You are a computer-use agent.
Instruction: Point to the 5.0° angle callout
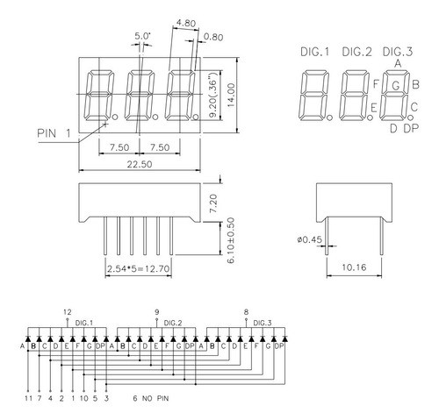point(141,36)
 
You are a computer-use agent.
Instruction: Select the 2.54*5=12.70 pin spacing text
point(137,268)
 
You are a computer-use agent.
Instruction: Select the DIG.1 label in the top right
point(313,52)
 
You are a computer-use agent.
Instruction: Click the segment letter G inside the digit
point(397,85)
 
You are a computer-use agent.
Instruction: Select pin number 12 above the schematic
point(68,312)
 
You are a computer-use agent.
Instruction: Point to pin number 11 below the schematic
point(28,399)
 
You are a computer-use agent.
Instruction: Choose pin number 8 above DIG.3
point(246,312)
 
